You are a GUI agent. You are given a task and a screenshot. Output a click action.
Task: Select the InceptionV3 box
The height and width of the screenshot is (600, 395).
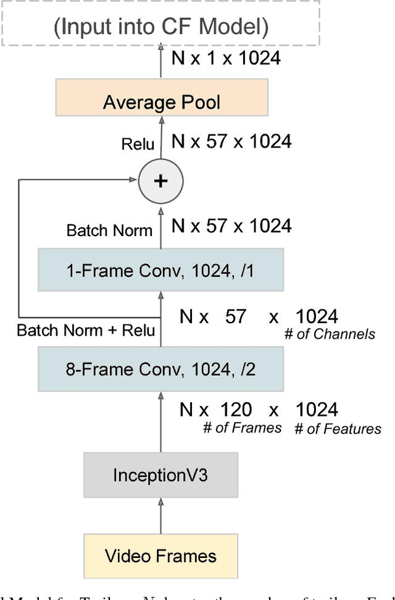coord(160,475)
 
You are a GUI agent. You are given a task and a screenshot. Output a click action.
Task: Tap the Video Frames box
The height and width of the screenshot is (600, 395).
coord(160,556)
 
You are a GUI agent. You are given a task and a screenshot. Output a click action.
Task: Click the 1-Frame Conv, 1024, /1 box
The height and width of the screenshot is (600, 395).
coord(160,269)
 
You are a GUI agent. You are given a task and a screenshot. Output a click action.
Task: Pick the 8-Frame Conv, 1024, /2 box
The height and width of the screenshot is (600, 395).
coord(160,369)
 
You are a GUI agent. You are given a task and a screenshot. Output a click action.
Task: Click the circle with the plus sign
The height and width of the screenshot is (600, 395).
coord(160,181)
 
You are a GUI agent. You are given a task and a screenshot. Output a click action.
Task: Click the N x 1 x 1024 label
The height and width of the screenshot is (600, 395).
coord(226,59)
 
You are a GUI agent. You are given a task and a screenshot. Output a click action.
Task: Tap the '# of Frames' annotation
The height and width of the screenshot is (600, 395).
coord(243,428)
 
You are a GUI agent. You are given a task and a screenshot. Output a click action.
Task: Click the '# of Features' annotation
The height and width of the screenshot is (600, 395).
coord(338,428)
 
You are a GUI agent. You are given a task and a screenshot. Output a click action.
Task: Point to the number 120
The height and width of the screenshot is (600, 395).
coord(236,410)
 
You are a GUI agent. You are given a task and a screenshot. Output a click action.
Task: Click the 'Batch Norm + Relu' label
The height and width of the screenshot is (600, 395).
coord(86,330)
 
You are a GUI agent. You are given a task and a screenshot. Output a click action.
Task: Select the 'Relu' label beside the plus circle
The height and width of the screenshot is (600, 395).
coord(138,144)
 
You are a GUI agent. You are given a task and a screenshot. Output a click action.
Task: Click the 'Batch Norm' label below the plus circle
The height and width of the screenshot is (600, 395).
coord(109,230)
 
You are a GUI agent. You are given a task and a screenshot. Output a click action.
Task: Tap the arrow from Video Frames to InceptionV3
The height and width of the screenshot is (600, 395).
coord(160,515)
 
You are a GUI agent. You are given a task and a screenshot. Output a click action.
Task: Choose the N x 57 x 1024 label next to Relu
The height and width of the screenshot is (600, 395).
coord(231,142)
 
